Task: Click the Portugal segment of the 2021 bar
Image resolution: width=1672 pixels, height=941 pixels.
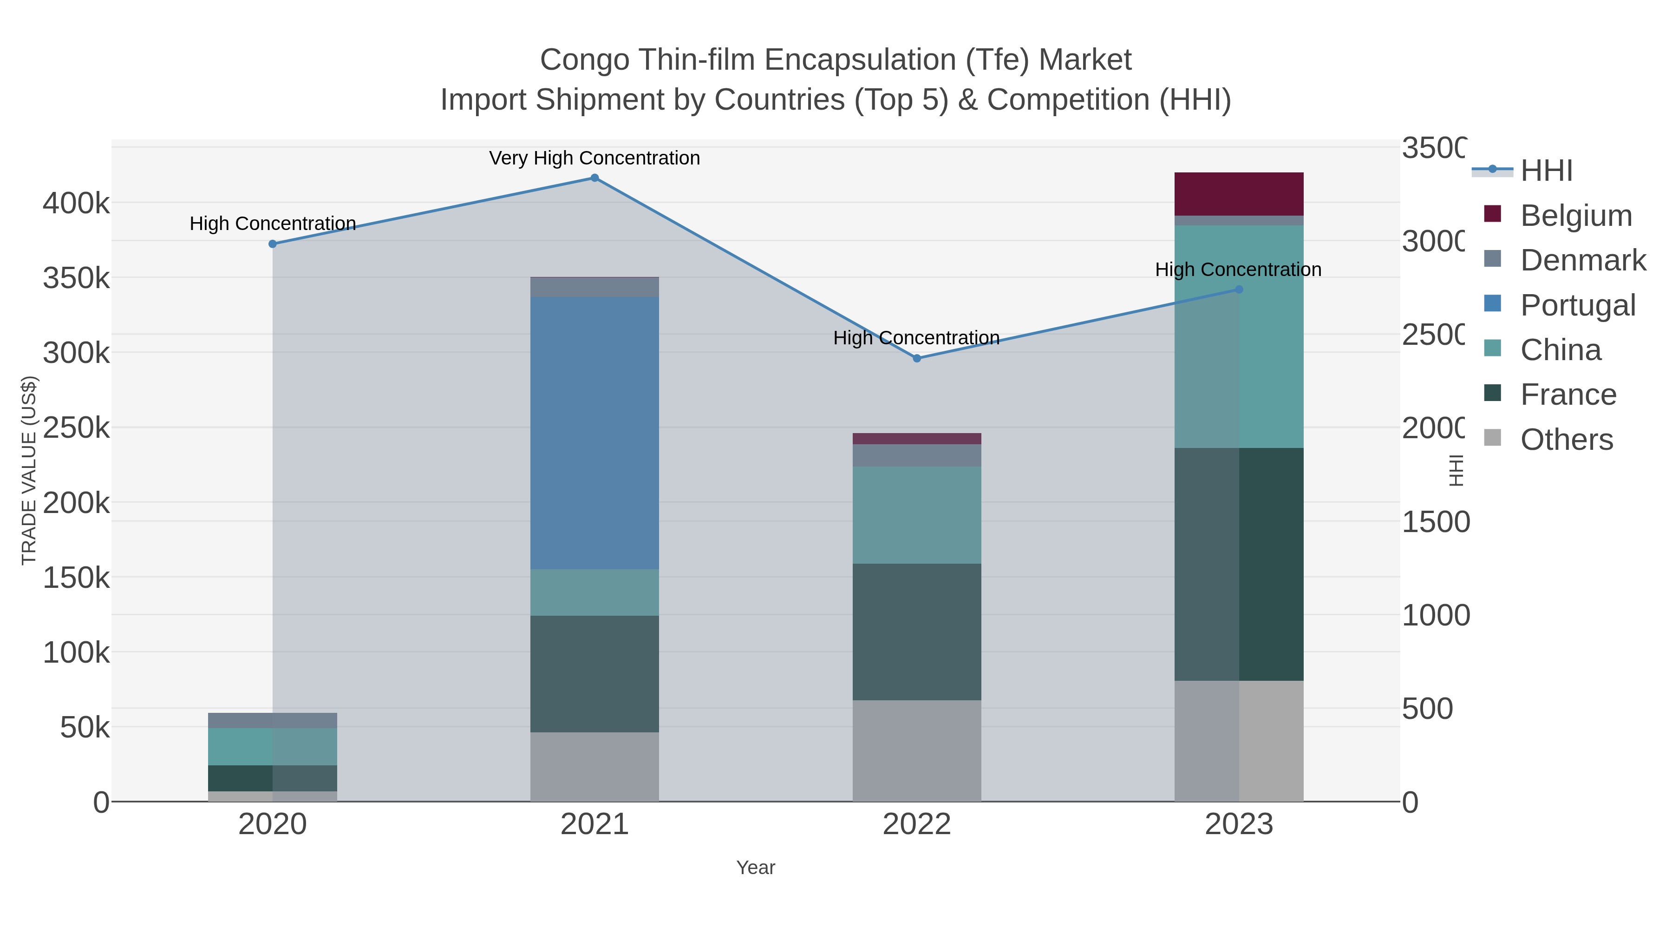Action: [594, 433]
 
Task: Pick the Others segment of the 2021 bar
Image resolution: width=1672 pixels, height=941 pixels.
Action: [594, 766]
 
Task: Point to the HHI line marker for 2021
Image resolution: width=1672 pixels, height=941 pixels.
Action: [594, 178]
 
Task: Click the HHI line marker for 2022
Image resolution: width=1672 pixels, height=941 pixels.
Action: [916, 358]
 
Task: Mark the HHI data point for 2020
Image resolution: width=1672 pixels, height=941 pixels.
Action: [273, 244]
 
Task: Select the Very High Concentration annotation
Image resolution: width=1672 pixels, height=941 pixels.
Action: [594, 158]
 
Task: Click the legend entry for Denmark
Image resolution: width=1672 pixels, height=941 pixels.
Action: [1582, 260]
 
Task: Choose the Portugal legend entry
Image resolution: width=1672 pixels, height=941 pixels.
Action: [1577, 305]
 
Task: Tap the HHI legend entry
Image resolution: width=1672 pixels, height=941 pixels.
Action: [1546, 171]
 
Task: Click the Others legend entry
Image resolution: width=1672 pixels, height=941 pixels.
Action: [1566, 440]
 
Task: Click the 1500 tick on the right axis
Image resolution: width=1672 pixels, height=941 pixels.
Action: [1435, 522]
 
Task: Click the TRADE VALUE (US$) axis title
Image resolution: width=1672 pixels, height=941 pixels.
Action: [28, 470]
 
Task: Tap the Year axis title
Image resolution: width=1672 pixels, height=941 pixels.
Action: [756, 868]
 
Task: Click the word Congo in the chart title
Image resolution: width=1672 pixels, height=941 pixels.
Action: [584, 60]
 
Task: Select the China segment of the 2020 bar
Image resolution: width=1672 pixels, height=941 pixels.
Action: [273, 747]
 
